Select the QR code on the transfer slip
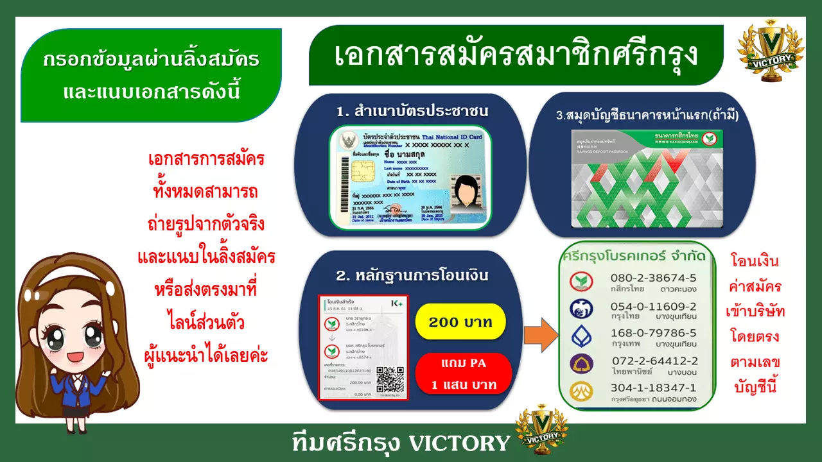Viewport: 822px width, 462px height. click(x=390, y=380)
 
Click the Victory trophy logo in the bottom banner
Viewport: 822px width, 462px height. click(x=542, y=429)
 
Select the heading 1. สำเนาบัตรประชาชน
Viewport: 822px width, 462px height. click(x=412, y=111)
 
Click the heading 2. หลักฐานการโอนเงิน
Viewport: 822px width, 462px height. click(x=412, y=277)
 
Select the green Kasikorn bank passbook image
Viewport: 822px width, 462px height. click(x=647, y=178)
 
